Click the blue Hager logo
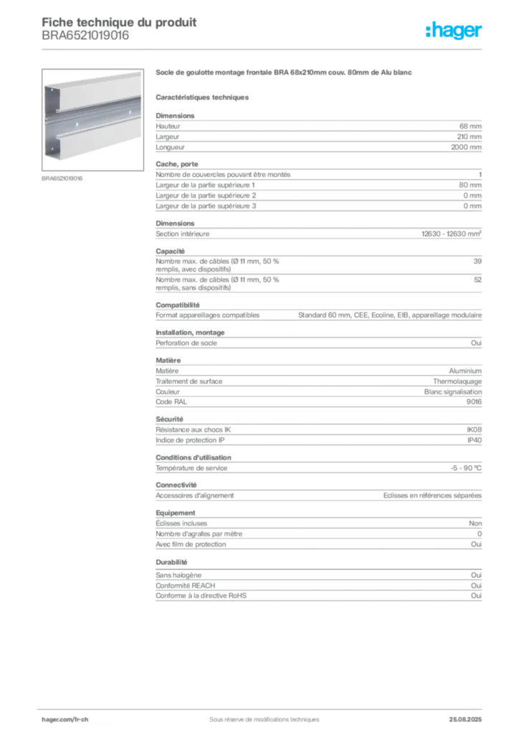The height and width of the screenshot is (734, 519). pos(454,32)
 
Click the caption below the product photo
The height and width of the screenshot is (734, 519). pos(63,178)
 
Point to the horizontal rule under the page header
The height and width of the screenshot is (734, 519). pos(264,49)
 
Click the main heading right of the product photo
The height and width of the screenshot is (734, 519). pos(284,74)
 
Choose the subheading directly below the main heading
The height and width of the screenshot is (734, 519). pos(204,96)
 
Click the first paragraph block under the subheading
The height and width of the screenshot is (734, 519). pos(318,133)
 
